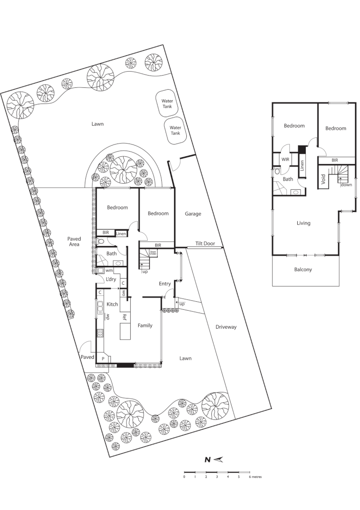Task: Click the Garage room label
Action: pyautogui.click(x=193, y=214)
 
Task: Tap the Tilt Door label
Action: pyautogui.click(x=205, y=244)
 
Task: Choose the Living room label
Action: pyautogui.click(x=303, y=223)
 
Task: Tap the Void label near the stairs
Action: pyautogui.click(x=324, y=179)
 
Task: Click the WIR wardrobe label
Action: pyautogui.click(x=285, y=160)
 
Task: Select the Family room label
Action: pyautogui.click(x=145, y=325)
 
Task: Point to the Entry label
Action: pyautogui.click(x=165, y=284)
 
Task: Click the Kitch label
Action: pyautogui.click(x=112, y=304)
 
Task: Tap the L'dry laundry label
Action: pyautogui.click(x=111, y=280)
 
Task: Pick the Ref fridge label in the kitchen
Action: pyautogui.click(x=125, y=317)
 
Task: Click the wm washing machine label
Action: pyautogui.click(x=109, y=271)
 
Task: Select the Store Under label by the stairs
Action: pyautogui.click(x=153, y=253)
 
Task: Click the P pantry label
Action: pyautogui.click(x=103, y=359)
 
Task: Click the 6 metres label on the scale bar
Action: pyautogui.click(x=255, y=477)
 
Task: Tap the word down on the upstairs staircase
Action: pyautogui.click(x=347, y=185)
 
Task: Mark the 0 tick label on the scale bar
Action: pyautogui.click(x=184, y=477)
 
